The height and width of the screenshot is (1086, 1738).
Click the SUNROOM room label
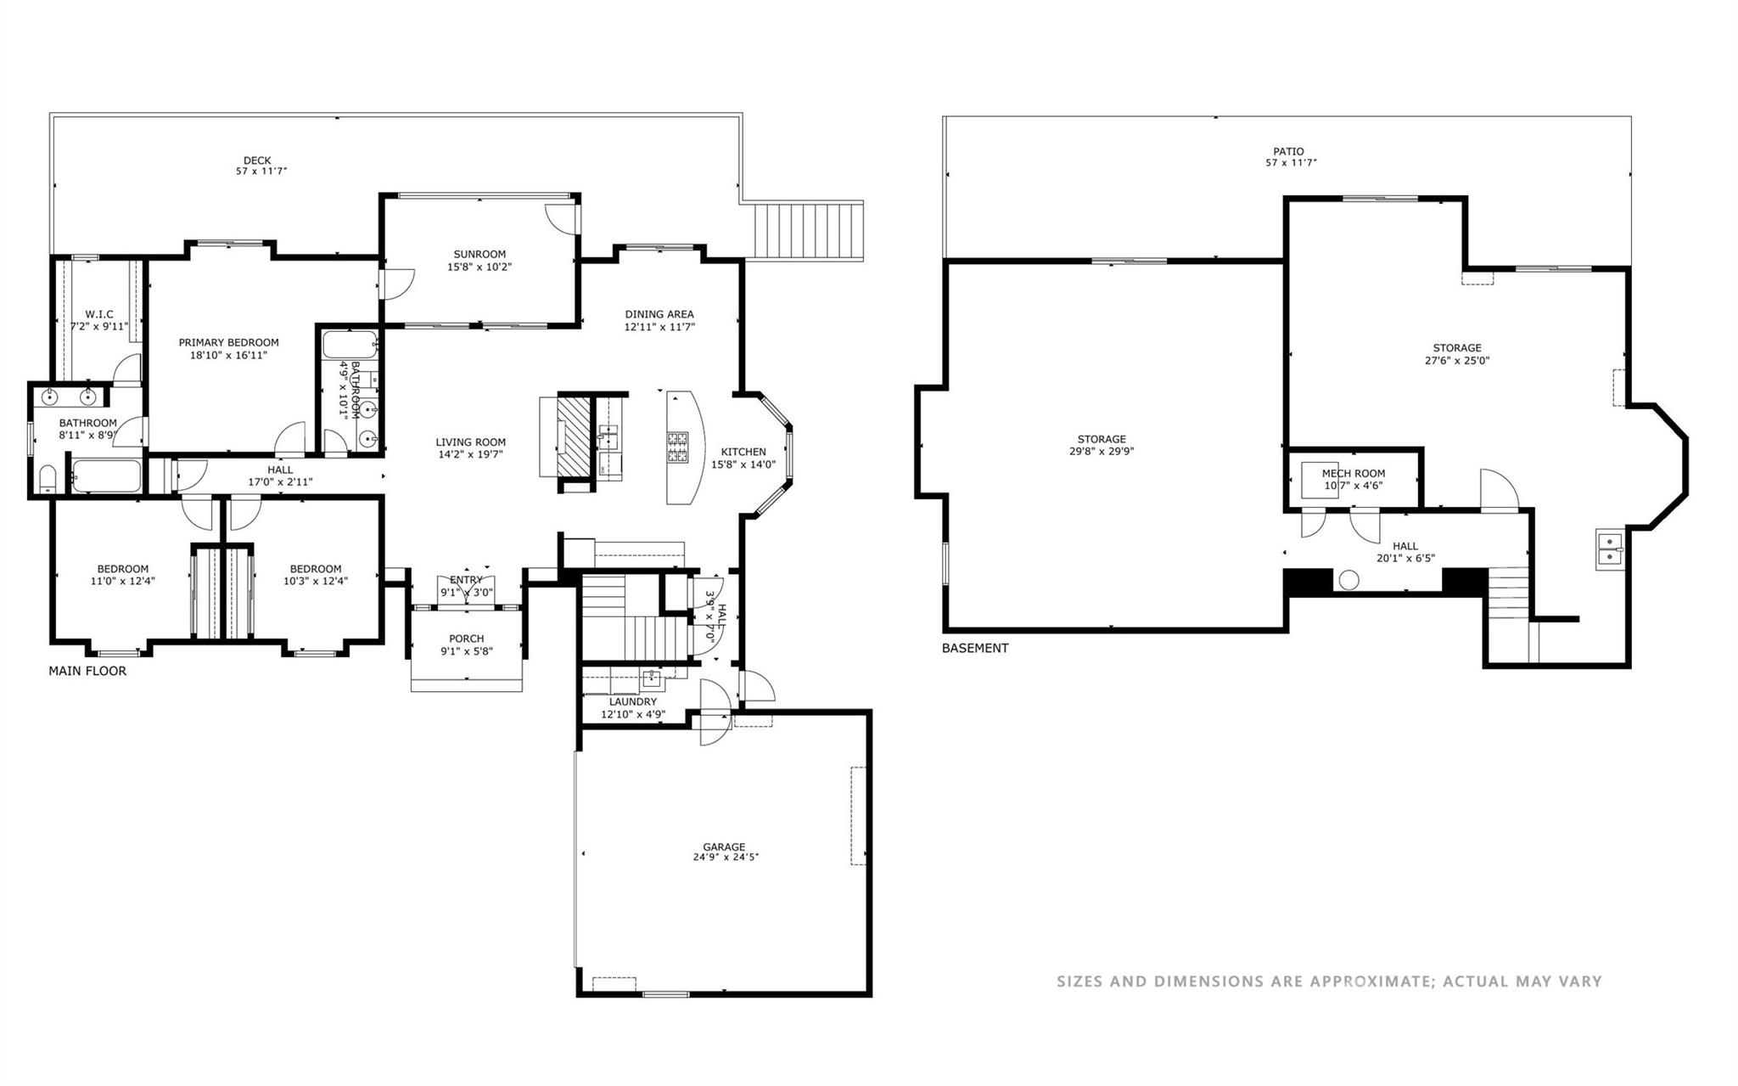[x=479, y=254]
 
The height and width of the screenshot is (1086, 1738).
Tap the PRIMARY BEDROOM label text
[x=228, y=342]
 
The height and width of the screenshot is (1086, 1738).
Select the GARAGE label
[x=724, y=847]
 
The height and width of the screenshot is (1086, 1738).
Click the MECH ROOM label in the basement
[x=1354, y=474]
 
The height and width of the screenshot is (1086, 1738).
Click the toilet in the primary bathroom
[x=48, y=481]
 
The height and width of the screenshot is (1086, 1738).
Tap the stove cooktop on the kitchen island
[x=677, y=447]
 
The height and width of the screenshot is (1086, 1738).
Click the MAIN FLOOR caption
[x=87, y=671]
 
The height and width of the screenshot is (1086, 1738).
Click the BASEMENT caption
[x=975, y=648]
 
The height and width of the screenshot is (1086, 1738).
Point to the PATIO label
[x=1288, y=151]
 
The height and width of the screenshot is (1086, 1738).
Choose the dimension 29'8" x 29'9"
[x=1102, y=452]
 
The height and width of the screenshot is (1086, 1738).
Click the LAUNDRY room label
[x=632, y=701]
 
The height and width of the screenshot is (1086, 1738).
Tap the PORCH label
[x=466, y=639]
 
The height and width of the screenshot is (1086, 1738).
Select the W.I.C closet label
[x=98, y=314]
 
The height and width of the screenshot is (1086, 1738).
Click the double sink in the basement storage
[x=1608, y=549]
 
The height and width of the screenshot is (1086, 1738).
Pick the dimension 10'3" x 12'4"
[x=315, y=581]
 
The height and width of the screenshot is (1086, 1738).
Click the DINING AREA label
[x=659, y=314]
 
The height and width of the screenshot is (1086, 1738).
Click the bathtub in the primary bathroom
[x=106, y=476]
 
